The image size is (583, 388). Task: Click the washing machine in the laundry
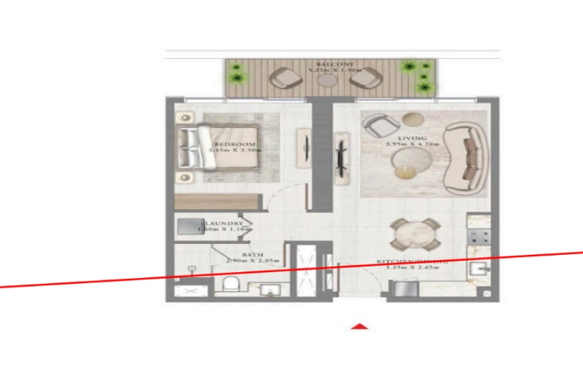pyautogui.click(x=189, y=226)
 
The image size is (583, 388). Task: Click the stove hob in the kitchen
pyautogui.click(x=480, y=234)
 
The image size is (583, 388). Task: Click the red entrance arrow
pyautogui.click(x=359, y=326)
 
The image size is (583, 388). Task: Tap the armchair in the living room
pyautogui.click(x=380, y=127)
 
